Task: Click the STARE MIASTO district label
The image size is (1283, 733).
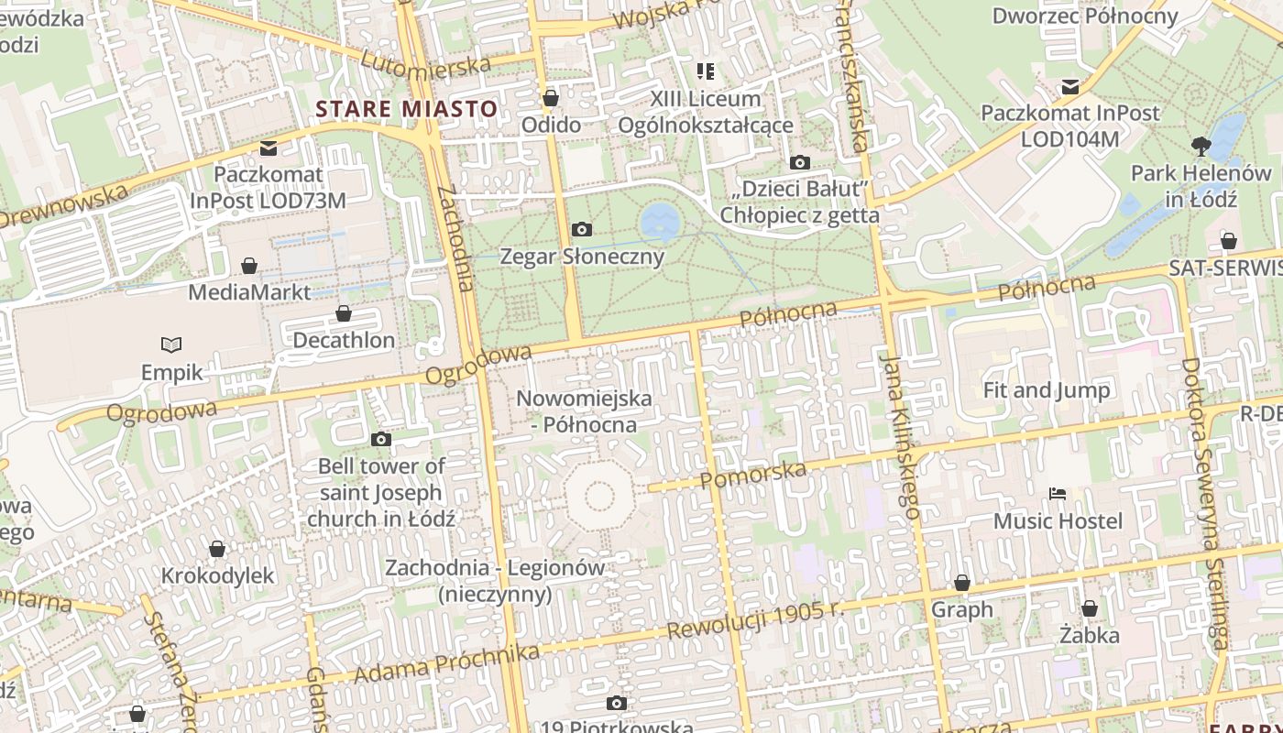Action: [407, 109]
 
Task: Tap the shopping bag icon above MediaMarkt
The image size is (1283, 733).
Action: [248, 266]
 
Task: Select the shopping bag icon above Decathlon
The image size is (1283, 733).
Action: [344, 313]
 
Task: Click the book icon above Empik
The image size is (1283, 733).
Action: [171, 345]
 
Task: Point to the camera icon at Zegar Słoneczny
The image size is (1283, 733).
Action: [581, 229]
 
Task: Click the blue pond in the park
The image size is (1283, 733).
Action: [660, 221]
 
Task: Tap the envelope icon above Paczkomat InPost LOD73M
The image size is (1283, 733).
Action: [269, 148]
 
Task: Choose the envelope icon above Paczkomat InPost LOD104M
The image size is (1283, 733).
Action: [1069, 87]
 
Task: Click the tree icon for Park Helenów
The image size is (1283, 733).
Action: [1201, 146]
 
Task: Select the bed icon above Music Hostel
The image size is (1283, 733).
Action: [1058, 494]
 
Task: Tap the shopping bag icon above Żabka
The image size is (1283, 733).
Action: [1089, 608]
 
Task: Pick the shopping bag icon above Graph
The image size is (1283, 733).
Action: [961, 583]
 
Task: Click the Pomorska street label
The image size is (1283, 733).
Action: [753, 475]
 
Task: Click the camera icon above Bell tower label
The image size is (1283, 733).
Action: [381, 440]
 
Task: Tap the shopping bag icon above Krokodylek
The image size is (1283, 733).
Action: [217, 549]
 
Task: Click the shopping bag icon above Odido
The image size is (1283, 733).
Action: [551, 98]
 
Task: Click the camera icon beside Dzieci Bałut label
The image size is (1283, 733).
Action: [799, 163]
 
